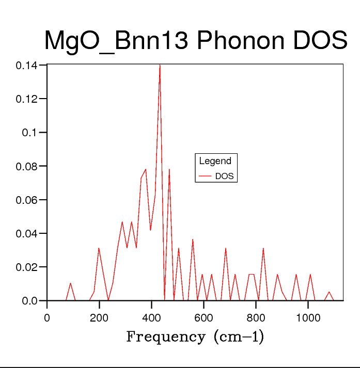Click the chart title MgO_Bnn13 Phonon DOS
[195, 41]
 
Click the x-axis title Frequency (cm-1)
[195, 337]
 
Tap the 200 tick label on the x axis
[99, 318]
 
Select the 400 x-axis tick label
[151, 318]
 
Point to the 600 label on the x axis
[204, 318]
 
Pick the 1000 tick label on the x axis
[308, 318]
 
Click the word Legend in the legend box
[215, 161]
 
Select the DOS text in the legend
[224, 176]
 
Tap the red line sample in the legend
[206, 176]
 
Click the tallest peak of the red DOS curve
[160, 66]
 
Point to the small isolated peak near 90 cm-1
[71, 283]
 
